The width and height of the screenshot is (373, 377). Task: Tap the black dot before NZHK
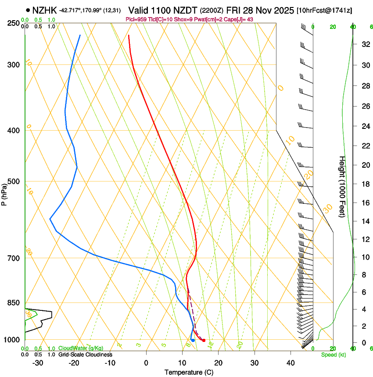coord(29,10)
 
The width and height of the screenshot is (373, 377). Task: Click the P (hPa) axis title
coord(4,192)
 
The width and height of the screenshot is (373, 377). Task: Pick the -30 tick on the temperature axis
coord(38,363)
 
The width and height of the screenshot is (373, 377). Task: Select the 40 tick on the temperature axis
coord(290,363)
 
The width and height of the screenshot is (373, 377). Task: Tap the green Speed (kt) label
coord(333,355)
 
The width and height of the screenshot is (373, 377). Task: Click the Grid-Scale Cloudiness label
coord(85,355)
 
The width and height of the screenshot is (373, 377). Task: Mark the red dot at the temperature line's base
coord(204,341)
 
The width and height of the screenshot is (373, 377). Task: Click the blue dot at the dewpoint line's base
coord(193,341)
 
